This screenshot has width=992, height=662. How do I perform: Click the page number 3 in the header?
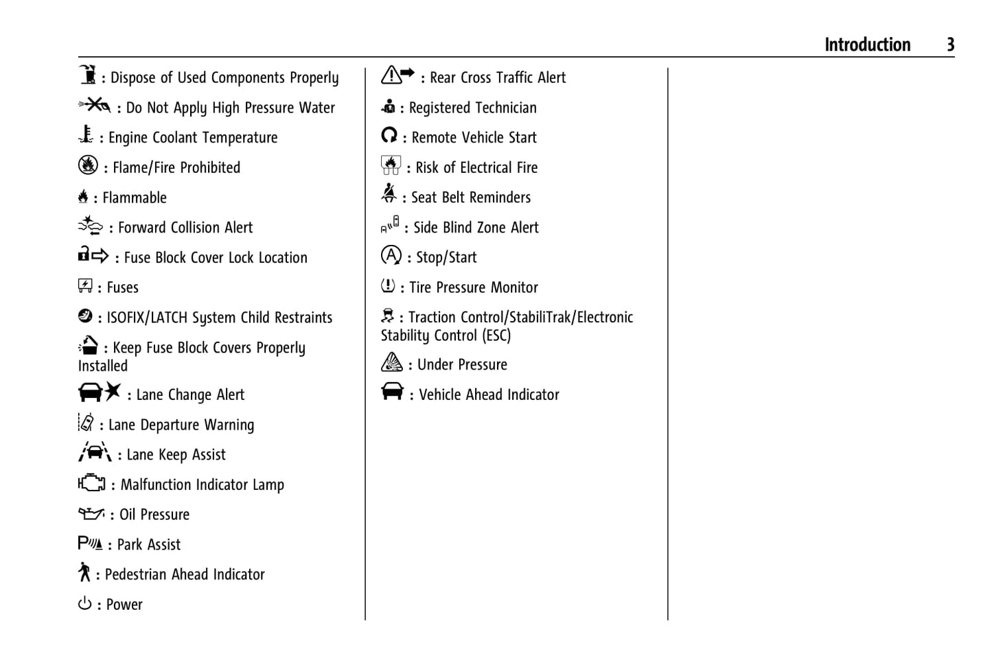click(950, 45)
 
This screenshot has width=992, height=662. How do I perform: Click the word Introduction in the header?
click(867, 45)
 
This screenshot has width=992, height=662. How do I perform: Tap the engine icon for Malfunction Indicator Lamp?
click(91, 483)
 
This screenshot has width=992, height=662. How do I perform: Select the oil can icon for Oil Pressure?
click(91, 513)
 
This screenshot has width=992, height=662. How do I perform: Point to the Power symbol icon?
click(84, 604)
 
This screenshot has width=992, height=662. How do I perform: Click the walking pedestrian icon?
click(84, 572)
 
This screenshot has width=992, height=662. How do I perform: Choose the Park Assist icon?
click(90, 543)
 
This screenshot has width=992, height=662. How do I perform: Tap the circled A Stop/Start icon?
click(391, 256)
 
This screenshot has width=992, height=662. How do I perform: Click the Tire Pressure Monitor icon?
click(388, 285)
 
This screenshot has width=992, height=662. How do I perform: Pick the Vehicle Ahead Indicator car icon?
click(392, 391)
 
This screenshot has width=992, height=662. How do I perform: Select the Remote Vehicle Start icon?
click(389, 135)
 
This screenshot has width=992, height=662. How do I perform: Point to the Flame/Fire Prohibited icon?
click(88, 165)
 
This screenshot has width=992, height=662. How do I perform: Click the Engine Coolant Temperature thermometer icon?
click(86, 134)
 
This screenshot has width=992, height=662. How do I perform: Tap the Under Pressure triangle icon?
click(391, 362)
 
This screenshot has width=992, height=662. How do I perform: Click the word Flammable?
click(135, 198)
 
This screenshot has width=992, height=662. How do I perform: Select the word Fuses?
click(123, 288)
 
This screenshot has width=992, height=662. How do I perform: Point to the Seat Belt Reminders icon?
click(389, 194)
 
